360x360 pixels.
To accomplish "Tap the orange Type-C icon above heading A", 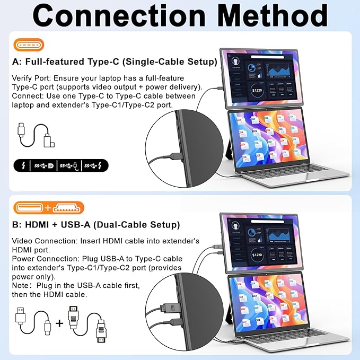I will (x=27, y=45).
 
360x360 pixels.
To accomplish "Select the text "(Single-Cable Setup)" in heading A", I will (x=167, y=62).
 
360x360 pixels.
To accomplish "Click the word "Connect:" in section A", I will (x=28, y=96).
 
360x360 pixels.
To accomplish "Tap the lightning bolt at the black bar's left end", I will (x=22, y=166).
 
